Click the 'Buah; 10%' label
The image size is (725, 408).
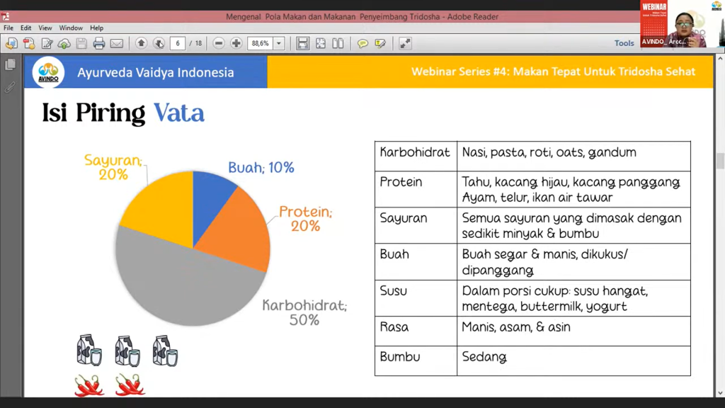[261, 168]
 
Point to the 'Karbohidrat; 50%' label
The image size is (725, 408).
[304, 312]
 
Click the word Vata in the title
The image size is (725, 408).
[179, 113]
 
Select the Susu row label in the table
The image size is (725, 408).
[394, 291]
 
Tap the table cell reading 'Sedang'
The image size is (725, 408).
[484, 357]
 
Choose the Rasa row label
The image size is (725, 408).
[394, 327]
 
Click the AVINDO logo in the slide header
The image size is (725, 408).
[48, 72]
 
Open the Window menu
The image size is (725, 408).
[71, 28]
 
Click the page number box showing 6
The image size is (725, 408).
[177, 43]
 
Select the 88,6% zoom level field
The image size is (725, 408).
[260, 43]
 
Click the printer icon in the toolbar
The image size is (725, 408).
[99, 43]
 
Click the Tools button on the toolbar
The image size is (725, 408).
[624, 43]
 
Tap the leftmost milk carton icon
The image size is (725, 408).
[89, 350]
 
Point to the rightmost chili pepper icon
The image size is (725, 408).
[130, 385]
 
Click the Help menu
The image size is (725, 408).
[97, 28]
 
